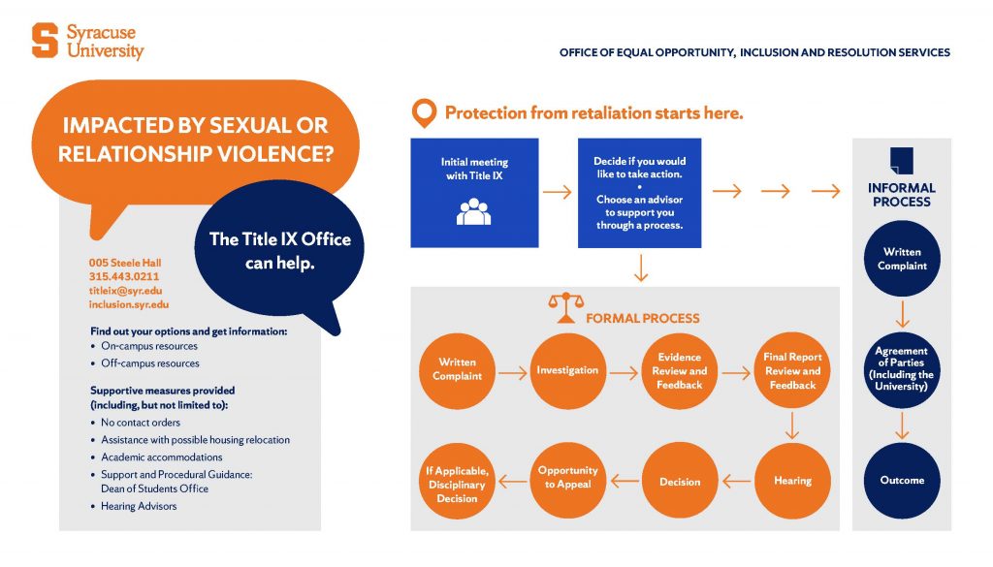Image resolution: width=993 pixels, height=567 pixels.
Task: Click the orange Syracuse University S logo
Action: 45,41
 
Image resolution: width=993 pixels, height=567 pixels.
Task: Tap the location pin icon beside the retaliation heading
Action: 424,113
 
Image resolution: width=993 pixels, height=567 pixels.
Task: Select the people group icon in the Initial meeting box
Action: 473,211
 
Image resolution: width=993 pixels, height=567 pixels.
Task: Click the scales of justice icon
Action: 565,308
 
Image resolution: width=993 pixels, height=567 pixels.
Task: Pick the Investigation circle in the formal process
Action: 568,371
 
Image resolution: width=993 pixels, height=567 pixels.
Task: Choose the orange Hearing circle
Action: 792,481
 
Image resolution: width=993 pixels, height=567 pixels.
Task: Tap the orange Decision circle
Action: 680,481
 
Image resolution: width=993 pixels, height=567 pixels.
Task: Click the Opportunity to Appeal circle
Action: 568,481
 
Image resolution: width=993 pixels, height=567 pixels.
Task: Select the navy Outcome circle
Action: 902,481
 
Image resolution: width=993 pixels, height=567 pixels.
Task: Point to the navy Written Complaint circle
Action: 902,258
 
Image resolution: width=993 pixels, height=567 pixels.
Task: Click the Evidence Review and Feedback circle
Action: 680,371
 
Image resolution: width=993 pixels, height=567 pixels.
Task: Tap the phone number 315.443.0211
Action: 124,276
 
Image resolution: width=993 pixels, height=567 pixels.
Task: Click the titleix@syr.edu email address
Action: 125,291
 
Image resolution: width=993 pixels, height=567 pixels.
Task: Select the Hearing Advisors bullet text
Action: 139,506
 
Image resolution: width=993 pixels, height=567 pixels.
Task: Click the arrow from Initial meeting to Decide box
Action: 558,192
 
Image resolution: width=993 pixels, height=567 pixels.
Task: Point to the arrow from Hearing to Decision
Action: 736,482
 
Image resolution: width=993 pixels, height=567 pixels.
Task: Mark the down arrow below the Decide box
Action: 641,268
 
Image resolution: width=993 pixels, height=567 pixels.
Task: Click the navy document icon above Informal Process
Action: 902,161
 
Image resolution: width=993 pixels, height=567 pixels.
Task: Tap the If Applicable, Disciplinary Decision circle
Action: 457,481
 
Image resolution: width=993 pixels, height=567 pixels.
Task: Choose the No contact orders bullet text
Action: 141,423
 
